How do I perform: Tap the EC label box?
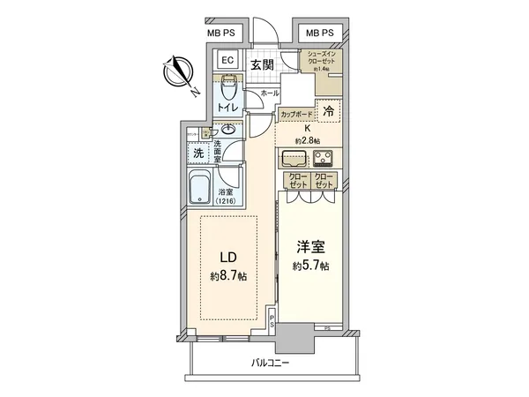(x=225, y=61)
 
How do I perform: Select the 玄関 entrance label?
(x=260, y=64)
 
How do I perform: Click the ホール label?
(x=270, y=93)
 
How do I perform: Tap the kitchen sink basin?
(x=294, y=160)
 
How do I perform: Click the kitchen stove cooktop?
(x=324, y=160)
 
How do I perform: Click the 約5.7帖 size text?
(x=311, y=266)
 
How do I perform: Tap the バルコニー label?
(x=270, y=363)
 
